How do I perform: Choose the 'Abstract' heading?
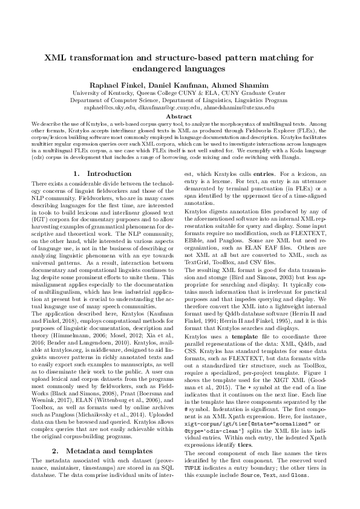(180, 115)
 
